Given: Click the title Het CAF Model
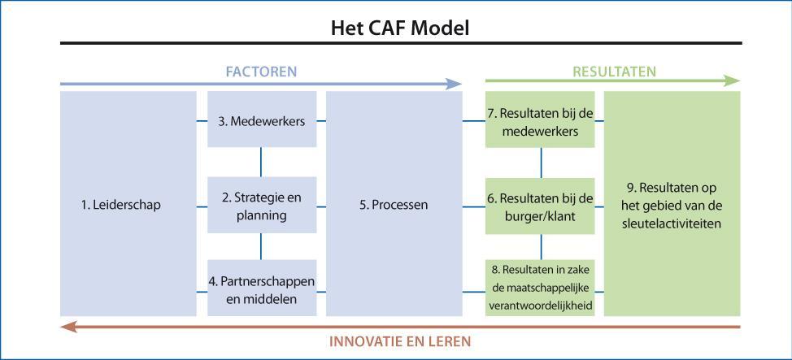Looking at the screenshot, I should tap(400, 28).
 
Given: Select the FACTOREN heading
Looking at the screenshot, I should tap(260, 72).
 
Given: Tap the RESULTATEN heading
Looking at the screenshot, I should tap(614, 72).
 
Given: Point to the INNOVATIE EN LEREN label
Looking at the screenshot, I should tap(399, 340).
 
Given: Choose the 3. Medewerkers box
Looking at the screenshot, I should tap(261, 121).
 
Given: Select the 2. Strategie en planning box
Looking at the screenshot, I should tap(261, 206).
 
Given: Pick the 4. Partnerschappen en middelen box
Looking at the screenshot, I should tap(261, 289).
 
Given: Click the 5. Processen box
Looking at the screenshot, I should tap(394, 204).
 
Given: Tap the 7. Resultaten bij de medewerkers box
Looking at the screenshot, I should tap(541, 121).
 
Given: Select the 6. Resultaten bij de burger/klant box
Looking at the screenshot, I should tap(541, 206).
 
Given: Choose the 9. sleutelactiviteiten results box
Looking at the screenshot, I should tap(672, 204).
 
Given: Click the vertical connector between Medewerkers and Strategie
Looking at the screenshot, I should tap(261, 162).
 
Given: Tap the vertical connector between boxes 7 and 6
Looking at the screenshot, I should tap(541, 162).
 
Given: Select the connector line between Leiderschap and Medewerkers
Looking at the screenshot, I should tap(202, 122).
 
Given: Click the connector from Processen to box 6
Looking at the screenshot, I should tap(474, 206).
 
